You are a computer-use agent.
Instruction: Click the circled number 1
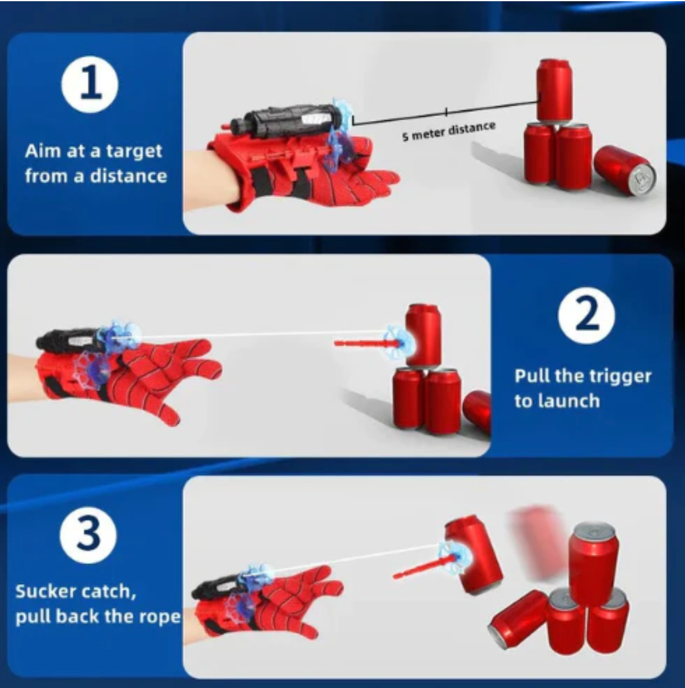pyautogui.click(x=90, y=84)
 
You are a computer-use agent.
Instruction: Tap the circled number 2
pyautogui.click(x=586, y=315)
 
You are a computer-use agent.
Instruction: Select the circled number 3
pyautogui.click(x=88, y=535)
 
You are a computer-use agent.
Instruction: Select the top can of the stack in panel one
pyautogui.click(x=554, y=89)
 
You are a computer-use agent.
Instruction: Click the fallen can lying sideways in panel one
pyautogui.click(x=625, y=171)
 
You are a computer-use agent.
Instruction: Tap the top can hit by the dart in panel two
pyautogui.click(x=423, y=335)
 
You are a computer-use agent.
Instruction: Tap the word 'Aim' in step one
pyautogui.click(x=43, y=151)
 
